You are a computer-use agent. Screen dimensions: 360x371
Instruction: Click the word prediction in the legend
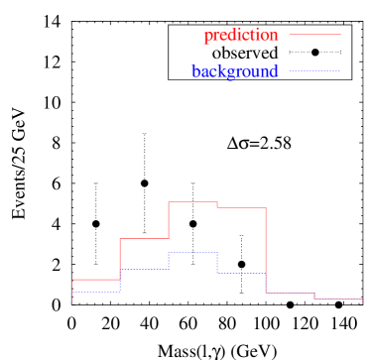240,36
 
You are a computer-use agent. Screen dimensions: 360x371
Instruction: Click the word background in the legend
235,71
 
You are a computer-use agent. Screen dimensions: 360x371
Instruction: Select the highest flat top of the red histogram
192,202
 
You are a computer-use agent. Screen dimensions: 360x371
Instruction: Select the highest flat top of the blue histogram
192,253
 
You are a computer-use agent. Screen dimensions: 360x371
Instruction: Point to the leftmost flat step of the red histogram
96,280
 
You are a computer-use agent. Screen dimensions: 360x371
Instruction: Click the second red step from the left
144,238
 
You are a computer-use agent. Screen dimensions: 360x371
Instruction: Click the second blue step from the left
144,270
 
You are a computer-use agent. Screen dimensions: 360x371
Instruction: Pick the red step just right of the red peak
241,208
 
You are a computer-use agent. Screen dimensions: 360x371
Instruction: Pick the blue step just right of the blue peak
241,273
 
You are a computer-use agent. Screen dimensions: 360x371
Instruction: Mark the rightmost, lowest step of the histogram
338,299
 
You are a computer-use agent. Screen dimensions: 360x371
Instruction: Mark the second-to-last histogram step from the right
290,293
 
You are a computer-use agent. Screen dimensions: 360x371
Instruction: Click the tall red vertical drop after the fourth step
266,248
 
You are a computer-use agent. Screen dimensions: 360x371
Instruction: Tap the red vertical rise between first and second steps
120,259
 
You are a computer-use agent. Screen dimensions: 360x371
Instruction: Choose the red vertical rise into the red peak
169,220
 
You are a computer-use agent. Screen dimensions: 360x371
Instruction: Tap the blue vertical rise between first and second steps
120,281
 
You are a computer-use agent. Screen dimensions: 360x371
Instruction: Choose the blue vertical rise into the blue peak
169,261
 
